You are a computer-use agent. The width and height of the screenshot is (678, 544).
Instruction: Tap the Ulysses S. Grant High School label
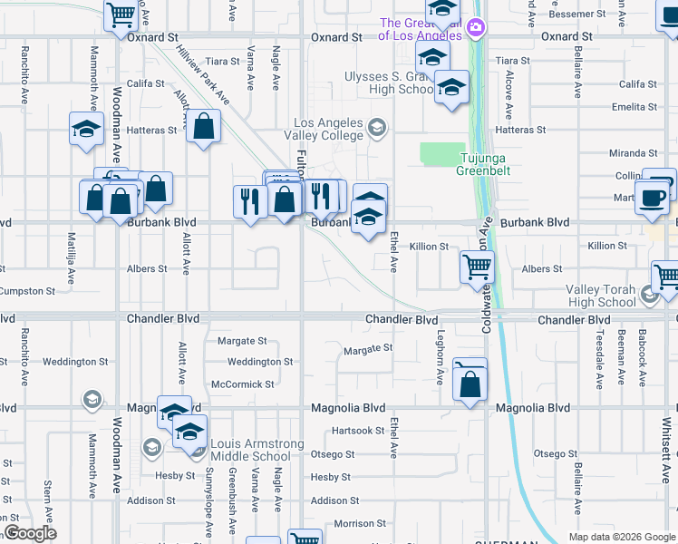[x=390, y=83]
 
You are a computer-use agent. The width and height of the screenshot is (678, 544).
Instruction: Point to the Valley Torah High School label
[x=601, y=296]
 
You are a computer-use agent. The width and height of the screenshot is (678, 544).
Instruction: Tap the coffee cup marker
[x=652, y=199]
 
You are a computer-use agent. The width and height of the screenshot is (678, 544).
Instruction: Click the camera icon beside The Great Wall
[x=475, y=29]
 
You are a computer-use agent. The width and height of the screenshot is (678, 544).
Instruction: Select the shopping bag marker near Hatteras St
[x=204, y=128]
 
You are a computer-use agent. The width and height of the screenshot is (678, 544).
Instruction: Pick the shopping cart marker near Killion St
[x=477, y=268]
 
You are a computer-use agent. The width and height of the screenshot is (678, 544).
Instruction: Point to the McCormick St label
[x=242, y=384]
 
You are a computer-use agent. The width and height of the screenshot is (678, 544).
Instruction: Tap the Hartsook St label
[x=358, y=431]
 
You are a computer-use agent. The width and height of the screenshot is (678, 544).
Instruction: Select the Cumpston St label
[x=28, y=291]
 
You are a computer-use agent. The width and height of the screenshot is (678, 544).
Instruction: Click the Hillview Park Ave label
[x=203, y=79]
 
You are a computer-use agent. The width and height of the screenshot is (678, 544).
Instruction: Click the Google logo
[x=30, y=533]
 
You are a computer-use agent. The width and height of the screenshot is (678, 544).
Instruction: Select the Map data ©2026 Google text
[x=621, y=537]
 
